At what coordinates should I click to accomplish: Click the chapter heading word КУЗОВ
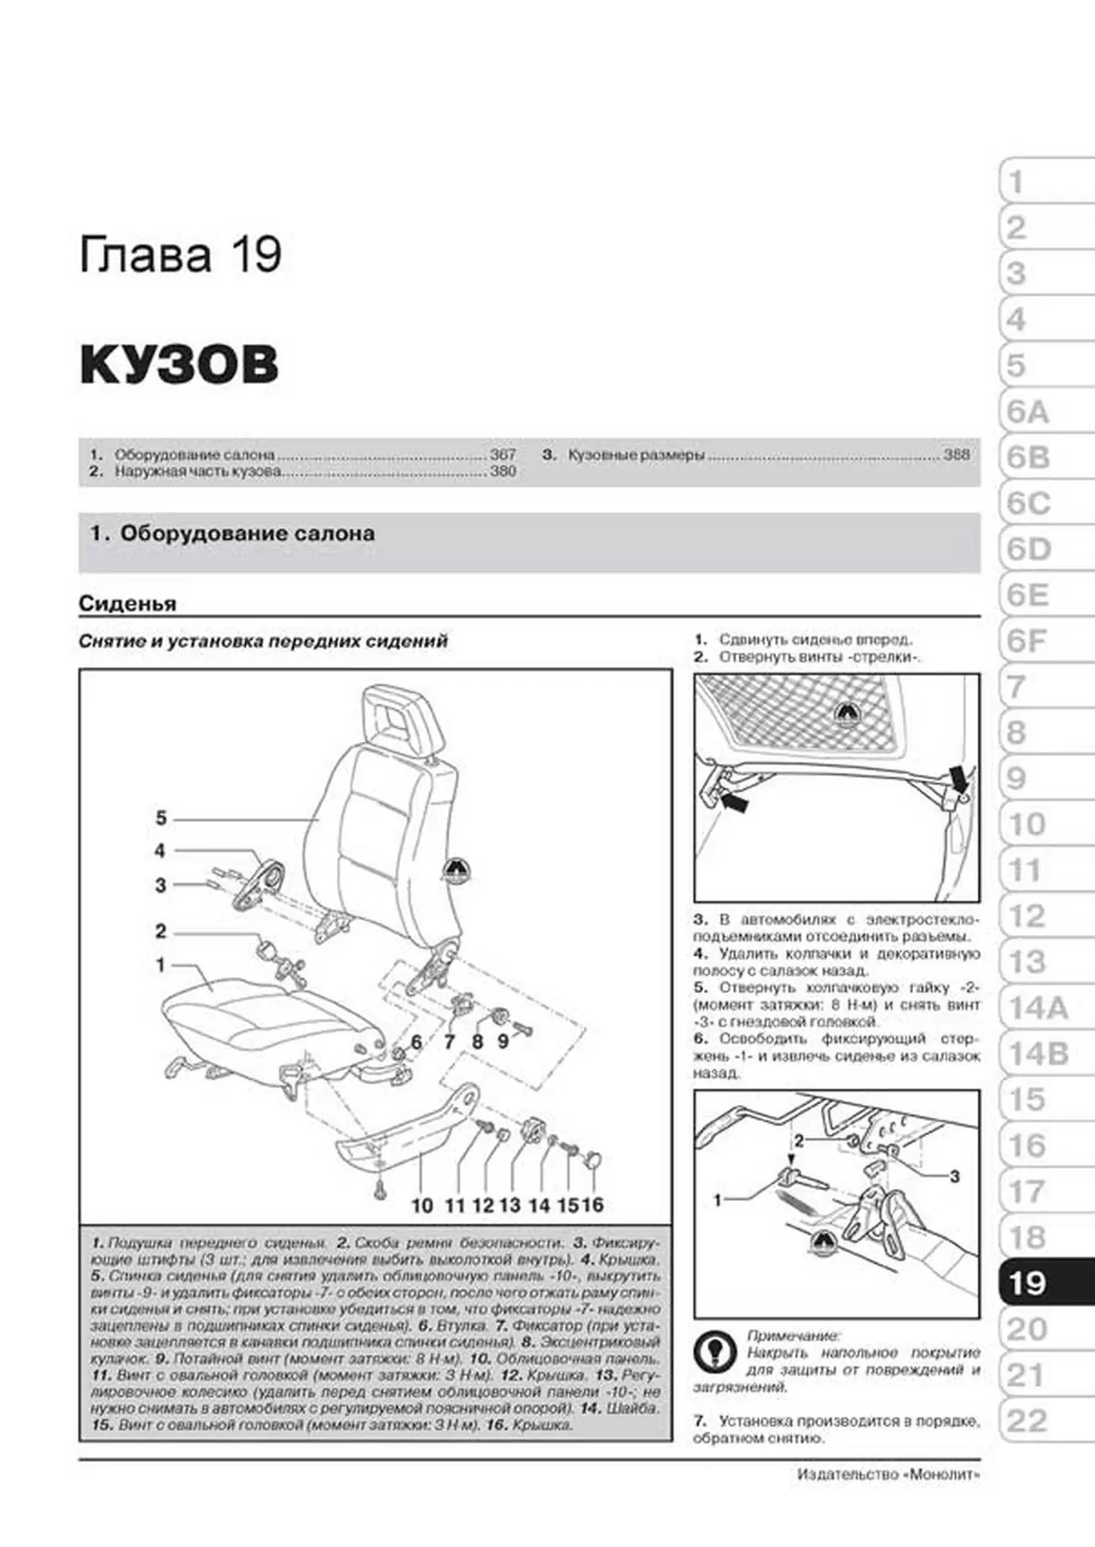(179, 364)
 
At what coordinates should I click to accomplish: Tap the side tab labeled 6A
(1028, 412)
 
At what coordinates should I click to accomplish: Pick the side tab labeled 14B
(1037, 1054)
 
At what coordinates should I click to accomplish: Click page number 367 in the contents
(503, 455)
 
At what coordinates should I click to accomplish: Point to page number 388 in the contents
(956, 455)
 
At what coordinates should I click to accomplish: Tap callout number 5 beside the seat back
(161, 818)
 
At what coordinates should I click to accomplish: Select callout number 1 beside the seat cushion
(160, 965)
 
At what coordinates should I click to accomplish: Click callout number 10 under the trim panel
(421, 1205)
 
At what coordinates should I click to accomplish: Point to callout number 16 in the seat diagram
(593, 1205)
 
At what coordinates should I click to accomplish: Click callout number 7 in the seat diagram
(449, 1042)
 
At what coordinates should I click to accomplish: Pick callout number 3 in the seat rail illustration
(954, 1176)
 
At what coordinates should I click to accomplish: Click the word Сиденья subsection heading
(127, 603)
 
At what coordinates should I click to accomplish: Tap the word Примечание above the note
(793, 1336)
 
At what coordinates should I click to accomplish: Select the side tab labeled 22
(1028, 1421)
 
